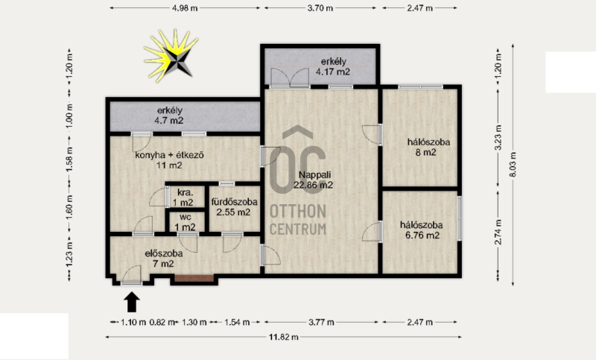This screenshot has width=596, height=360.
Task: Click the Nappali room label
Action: (x=314, y=180)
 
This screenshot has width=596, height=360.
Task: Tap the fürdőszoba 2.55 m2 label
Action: (x=234, y=206)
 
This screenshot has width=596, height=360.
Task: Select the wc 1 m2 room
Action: (x=185, y=222)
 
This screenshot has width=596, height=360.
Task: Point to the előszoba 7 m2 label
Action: (x=164, y=258)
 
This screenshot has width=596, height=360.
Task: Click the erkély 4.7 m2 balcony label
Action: (x=170, y=116)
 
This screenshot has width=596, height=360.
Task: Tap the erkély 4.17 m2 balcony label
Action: (x=333, y=66)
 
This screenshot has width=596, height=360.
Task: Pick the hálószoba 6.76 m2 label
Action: (x=422, y=230)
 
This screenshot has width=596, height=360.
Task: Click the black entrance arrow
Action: (x=132, y=302)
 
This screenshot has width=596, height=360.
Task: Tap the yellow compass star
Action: (x=171, y=55)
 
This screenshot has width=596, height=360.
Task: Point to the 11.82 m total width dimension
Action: (x=284, y=337)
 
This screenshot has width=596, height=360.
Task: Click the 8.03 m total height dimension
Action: (x=513, y=165)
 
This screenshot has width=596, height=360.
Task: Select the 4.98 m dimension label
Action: (x=185, y=8)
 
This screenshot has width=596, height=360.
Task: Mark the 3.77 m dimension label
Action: (x=321, y=323)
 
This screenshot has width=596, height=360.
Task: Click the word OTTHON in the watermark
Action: (x=298, y=212)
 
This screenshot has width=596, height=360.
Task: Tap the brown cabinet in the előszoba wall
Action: (x=194, y=278)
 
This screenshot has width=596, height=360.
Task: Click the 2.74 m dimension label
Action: (x=498, y=232)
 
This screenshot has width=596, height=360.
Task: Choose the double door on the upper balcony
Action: (x=289, y=78)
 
